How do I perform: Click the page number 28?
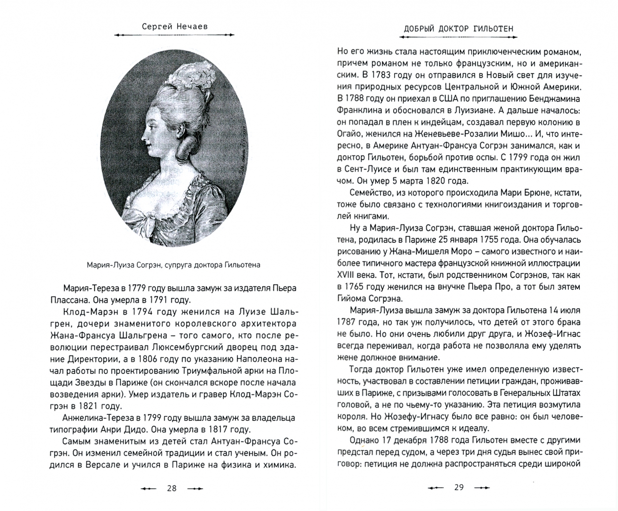pyautogui.click(x=171, y=488)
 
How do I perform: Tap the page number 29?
pyautogui.click(x=459, y=487)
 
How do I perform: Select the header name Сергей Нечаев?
pyautogui.click(x=175, y=26)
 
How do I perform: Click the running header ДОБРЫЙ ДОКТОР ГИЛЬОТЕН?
pyautogui.click(x=459, y=29)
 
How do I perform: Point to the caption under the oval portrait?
pyautogui.click(x=174, y=264)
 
